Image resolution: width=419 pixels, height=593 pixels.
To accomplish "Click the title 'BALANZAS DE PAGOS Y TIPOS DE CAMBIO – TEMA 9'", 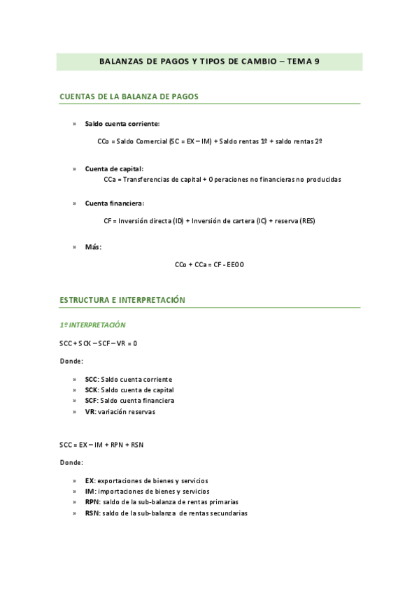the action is (209, 61).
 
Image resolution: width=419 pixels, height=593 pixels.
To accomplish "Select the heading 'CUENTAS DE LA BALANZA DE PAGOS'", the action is (129, 97).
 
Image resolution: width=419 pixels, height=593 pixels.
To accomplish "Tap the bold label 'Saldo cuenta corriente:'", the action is (122, 123).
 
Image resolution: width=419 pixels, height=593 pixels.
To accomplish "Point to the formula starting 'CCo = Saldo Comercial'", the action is (210, 141).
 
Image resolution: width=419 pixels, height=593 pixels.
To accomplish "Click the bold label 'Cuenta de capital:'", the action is (114, 169).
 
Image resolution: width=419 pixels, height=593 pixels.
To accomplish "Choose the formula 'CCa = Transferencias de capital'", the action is (222, 180).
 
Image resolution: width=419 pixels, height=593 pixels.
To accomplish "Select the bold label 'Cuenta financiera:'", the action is (115, 203).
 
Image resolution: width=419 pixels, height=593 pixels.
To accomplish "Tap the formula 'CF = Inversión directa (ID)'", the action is (208, 221).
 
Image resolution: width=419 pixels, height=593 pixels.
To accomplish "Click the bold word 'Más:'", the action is (93, 247).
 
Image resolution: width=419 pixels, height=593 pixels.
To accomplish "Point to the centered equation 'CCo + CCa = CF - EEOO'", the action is (209, 264).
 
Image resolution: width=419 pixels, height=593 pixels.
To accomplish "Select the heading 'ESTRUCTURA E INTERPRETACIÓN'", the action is (122, 299).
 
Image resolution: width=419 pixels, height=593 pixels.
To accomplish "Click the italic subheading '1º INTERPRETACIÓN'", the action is (92, 325).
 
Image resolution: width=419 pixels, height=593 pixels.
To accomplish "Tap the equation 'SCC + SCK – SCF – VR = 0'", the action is (99, 343).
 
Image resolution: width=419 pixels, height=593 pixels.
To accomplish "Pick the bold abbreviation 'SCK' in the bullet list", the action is (91, 390).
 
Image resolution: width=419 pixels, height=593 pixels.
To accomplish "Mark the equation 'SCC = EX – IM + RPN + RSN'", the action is (102, 445).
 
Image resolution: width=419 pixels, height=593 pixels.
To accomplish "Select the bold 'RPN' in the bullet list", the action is (92, 501).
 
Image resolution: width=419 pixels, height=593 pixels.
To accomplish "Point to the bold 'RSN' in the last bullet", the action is (92, 513).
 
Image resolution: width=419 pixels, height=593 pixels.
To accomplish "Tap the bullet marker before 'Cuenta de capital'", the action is (74, 169).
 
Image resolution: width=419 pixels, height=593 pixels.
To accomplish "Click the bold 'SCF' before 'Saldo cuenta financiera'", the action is (91, 401).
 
